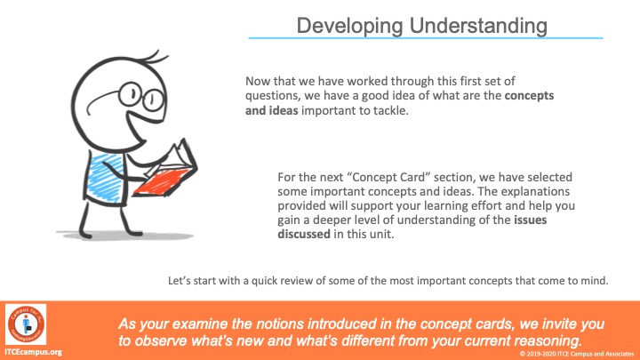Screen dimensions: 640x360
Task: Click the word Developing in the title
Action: [349, 26]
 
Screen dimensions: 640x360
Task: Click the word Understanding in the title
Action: [478, 25]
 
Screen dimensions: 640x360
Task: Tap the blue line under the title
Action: [425, 38]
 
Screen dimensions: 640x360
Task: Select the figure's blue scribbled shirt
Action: [105, 178]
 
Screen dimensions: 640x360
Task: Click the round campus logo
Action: [26, 324]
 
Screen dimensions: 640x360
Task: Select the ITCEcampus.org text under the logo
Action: [34, 352]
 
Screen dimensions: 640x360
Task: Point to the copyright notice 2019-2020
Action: [576, 354]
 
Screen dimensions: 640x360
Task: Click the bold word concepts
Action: [529, 95]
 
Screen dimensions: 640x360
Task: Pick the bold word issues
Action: [530, 220]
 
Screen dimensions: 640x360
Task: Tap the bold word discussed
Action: [304, 235]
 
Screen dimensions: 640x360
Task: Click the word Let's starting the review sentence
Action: [180, 281]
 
